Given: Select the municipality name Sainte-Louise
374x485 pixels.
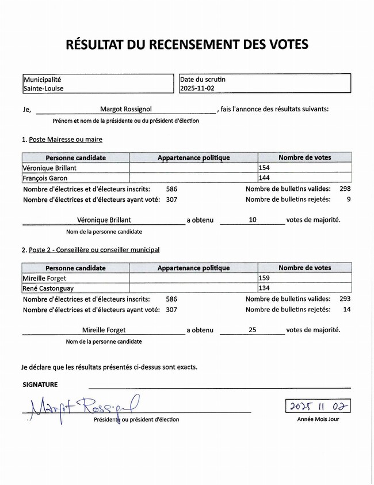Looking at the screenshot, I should point(44,89).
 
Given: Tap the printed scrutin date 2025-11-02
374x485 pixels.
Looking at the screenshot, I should point(197,89).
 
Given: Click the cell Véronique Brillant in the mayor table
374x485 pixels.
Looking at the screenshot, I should point(49,168).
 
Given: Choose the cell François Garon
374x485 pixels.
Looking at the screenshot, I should point(45,178).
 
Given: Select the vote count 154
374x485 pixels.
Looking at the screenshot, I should point(265,168).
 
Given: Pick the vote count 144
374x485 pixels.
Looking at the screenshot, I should point(265,178).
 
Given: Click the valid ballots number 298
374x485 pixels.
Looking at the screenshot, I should point(345,189).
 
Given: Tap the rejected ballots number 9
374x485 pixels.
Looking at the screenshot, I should point(348,200).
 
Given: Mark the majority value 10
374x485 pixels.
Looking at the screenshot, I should point(253,220).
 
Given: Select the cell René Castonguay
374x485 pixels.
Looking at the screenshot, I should point(48,288).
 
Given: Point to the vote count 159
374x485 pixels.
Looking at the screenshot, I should point(265,278).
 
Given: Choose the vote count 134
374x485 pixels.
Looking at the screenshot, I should point(265,288).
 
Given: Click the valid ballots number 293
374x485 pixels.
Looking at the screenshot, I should point(345,299).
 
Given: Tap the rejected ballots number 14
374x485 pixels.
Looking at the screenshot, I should point(346,310).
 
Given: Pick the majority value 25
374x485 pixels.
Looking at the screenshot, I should point(253,330).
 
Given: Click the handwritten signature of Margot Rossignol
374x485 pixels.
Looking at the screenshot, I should point(81,407).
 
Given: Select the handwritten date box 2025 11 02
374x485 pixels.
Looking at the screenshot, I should point(318,406).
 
